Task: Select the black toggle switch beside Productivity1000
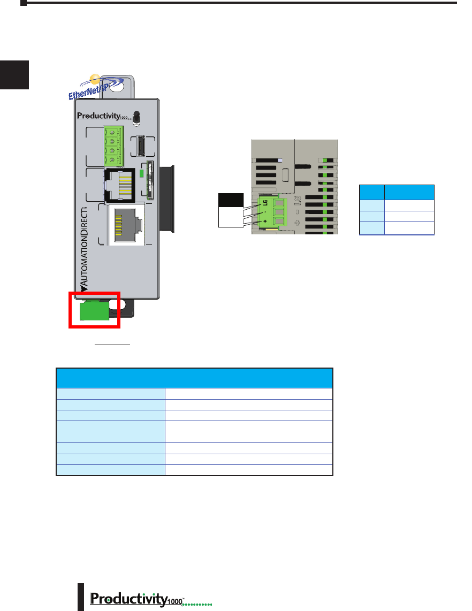tap(137, 117)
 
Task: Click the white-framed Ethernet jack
tap(126, 225)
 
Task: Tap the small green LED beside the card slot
tap(141, 173)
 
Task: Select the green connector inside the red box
tap(94, 311)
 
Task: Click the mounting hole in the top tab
tap(118, 86)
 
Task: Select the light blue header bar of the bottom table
tap(194, 378)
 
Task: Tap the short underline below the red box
tap(112, 346)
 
